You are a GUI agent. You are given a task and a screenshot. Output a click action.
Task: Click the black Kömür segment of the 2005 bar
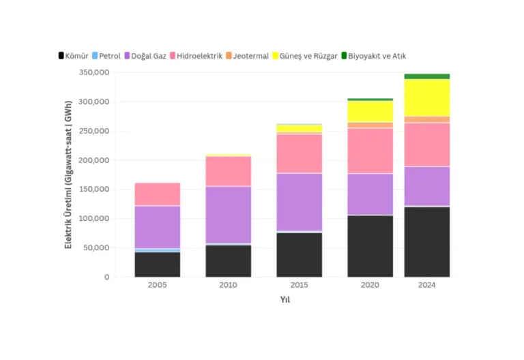158,265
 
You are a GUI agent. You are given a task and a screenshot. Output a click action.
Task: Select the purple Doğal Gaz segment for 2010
229,215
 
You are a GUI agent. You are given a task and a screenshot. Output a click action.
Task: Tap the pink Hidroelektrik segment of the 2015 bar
299,154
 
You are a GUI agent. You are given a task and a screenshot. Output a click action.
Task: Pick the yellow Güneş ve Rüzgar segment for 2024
426,98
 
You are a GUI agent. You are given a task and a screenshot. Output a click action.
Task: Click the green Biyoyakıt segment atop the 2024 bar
426,76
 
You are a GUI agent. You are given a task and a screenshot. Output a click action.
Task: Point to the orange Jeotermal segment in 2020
370,125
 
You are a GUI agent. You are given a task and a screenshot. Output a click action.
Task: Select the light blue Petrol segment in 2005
158,250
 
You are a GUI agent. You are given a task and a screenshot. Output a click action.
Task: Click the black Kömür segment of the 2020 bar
370,246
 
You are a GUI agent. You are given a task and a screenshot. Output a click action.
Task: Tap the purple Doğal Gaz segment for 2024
426,186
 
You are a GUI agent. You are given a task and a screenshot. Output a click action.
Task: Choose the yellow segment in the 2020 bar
370,112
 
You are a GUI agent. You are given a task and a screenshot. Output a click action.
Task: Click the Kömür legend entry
74,56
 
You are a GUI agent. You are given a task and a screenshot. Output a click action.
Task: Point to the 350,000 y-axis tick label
94,72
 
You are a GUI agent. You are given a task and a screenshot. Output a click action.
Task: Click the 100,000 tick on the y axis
94,218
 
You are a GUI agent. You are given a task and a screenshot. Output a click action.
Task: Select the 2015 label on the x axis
299,285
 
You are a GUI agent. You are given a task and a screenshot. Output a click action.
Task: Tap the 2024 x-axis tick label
426,285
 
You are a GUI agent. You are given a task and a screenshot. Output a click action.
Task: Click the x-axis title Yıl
285,299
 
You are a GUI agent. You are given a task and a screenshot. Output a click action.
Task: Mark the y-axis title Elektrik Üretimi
68,175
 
